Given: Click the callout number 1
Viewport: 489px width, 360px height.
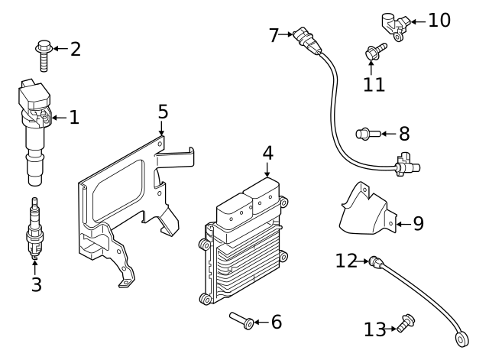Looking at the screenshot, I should click(x=74, y=118).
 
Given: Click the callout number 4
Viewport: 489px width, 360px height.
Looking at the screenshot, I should click(x=267, y=153).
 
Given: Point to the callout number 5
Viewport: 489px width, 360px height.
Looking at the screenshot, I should click(x=163, y=112).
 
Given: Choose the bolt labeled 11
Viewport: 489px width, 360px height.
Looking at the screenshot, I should click(x=374, y=52).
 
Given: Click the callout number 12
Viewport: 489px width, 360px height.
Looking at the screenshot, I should click(x=346, y=261).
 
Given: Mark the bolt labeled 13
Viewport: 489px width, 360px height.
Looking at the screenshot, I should click(x=406, y=324).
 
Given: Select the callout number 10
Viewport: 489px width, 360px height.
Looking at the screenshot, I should click(x=439, y=20).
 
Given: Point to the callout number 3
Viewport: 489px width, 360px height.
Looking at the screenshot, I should click(x=36, y=285).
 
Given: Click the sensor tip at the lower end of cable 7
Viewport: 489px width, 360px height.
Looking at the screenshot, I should click(x=405, y=164).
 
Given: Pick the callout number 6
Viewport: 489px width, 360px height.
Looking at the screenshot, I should click(x=276, y=322).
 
